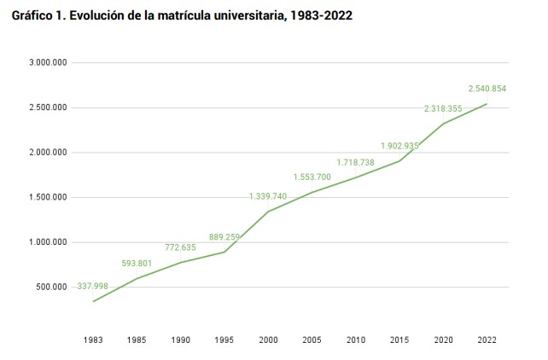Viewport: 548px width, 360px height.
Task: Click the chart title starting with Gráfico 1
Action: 182,15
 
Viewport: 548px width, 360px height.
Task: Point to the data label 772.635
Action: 180,247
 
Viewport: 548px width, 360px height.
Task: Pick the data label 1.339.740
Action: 268,196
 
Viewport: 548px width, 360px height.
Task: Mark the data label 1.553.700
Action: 312,177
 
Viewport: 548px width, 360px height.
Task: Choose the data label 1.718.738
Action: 356,161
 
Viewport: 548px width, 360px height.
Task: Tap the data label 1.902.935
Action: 399,146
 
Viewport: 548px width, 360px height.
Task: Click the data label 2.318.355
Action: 443,108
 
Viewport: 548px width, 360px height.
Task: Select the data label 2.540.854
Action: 487,89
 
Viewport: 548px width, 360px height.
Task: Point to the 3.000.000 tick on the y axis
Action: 48,62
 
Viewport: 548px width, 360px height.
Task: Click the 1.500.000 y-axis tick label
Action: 48,197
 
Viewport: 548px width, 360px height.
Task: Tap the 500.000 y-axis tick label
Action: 51,287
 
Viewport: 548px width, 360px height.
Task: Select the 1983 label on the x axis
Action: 94,340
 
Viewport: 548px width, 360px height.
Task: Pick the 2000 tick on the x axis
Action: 268,340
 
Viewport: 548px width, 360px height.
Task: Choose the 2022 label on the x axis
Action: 487,340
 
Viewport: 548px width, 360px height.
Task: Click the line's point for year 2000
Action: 268,212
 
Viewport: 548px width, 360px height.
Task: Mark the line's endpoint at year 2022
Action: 487,104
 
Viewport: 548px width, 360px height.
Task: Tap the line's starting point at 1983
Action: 94,301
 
